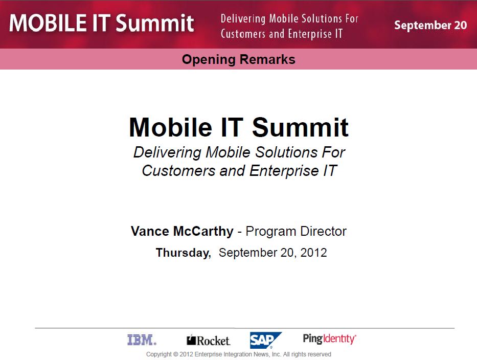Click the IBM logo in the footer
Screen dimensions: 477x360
tap(142, 340)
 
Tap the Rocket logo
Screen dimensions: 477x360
tap(209, 340)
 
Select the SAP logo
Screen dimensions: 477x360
tap(265, 340)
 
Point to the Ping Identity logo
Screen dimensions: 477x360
tap(329, 339)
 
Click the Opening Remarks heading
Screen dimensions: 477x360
tap(238, 59)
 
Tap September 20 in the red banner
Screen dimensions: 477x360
tap(430, 25)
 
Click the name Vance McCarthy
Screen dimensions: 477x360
tap(182, 231)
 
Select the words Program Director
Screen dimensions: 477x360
tap(296, 231)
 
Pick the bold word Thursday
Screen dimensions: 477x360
tap(183, 253)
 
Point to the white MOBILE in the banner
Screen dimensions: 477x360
tap(48, 23)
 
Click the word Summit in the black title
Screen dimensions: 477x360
tap(300, 127)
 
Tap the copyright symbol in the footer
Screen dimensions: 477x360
tap(175, 354)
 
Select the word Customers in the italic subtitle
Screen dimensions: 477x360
tap(178, 170)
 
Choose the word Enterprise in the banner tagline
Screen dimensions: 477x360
tap(309, 34)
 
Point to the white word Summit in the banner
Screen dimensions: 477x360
tap(155, 23)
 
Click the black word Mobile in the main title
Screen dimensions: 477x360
tap(171, 127)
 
